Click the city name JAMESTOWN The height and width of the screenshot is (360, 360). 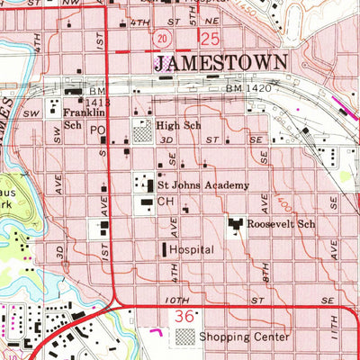click(x=221, y=62)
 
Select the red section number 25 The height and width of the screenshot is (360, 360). click(x=211, y=39)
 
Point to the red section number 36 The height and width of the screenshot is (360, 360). click(x=184, y=318)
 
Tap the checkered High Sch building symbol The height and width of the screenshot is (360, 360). click(x=143, y=131)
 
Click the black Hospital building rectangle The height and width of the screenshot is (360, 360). click(x=163, y=248)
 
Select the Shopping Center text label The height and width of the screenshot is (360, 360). click(x=245, y=337)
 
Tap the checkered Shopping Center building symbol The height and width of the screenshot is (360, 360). click(x=184, y=337)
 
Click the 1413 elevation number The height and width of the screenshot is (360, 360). click(x=75, y=103)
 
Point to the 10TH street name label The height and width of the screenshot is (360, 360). click(x=178, y=300)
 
